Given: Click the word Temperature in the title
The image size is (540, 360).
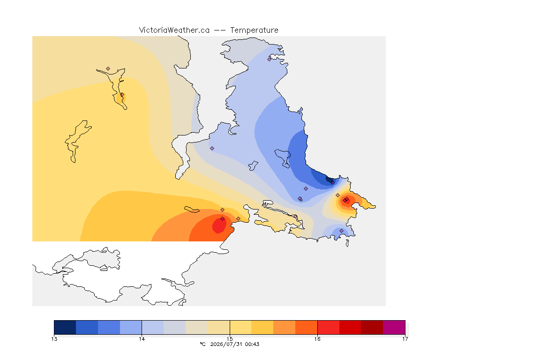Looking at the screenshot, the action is tap(254, 30).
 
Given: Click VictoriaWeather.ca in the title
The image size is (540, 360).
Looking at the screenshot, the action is tap(174, 30).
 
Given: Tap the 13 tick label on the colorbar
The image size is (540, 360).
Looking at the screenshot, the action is tap(54, 339).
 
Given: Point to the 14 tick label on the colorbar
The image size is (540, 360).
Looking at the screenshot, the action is tap(142, 339).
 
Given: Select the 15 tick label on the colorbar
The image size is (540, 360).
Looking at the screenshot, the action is tap(230, 339).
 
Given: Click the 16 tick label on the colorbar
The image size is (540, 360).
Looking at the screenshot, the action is tap(317, 339).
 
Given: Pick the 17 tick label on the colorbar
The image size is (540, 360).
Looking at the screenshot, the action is tap(405, 339).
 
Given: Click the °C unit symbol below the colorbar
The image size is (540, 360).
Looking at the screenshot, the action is tap(202, 344).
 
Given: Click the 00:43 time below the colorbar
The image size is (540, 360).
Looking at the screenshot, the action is tap(252, 344).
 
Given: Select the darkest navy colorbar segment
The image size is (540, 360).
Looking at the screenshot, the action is tap(65, 327).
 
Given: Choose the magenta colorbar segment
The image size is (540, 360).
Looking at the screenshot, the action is tap(394, 327).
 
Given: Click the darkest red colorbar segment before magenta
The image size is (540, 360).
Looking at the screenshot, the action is tap(372, 327).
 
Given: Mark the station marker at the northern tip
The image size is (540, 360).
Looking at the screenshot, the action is tap(270, 59).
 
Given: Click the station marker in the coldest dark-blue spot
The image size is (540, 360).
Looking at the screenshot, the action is tap(332, 183).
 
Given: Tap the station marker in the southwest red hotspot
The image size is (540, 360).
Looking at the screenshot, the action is tap(223, 219).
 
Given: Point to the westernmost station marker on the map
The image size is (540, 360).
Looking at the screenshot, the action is tap(108, 69).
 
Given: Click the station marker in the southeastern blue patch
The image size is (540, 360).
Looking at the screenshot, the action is tap(341, 231).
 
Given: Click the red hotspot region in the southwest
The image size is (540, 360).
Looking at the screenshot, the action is tap(219, 225).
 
